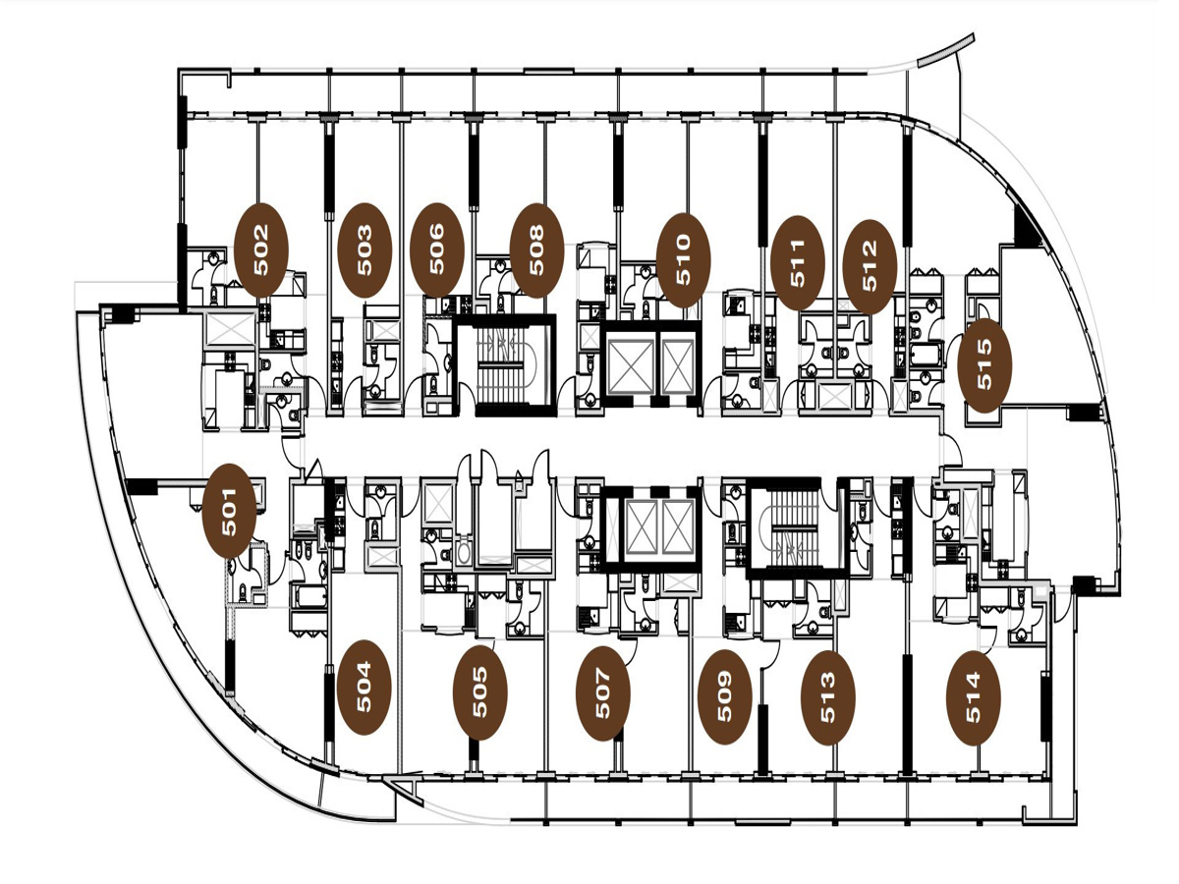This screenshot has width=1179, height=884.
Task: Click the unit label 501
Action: coord(229,512)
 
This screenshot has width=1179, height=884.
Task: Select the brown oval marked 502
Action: coord(261,250)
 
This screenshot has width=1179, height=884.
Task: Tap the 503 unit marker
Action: coord(365,250)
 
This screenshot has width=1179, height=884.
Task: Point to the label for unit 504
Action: coord(364,687)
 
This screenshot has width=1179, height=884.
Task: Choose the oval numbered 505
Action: coord(480,692)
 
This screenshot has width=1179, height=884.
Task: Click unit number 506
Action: coord(436,249)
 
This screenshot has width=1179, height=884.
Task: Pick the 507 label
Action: coord(602,693)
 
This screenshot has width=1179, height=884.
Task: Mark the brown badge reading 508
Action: coord(536,250)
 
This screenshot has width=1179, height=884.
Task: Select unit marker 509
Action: coord(724,696)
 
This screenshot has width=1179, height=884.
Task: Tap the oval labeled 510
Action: coord(683,260)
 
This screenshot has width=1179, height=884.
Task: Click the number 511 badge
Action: coord(798,263)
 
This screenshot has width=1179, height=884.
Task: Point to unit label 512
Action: coord(870,267)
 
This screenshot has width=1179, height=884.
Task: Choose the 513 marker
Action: coord(828,697)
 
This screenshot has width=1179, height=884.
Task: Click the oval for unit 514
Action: coord(974,697)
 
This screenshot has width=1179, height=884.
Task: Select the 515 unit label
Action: coord(984,366)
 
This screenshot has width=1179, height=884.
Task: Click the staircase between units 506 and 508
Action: coord(503,365)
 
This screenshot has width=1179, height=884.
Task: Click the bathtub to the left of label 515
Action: coord(925,355)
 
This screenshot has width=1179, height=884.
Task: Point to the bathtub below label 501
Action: coord(309,597)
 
